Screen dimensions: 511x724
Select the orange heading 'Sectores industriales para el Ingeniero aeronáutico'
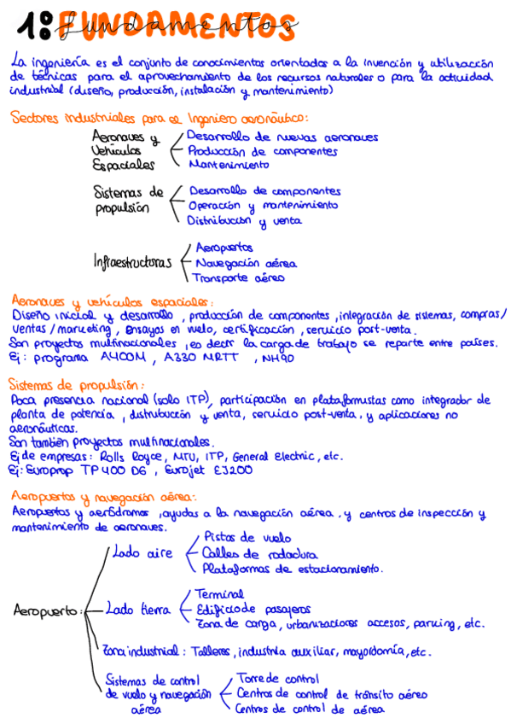click(160, 119)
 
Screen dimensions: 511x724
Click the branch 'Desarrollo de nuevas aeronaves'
click(282, 137)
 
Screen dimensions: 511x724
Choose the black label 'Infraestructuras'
click(133, 263)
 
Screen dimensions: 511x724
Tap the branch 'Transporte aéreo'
click(238, 277)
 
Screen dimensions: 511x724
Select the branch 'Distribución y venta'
click(240, 220)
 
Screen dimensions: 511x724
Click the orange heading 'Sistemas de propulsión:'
click(77, 385)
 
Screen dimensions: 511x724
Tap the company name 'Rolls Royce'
click(115, 456)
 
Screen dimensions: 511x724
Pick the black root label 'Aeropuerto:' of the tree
click(48, 610)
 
